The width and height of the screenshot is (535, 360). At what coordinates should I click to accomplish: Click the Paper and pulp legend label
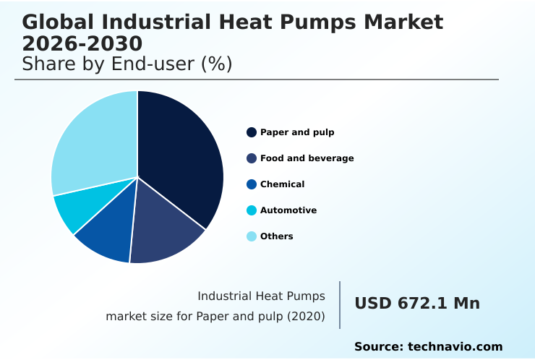(x=297, y=132)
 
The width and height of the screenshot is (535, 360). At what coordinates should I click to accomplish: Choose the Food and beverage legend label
(x=307, y=158)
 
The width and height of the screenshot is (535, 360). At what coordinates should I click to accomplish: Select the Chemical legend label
(x=282, y=184)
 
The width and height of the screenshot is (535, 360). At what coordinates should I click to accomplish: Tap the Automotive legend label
(x=288, y=210)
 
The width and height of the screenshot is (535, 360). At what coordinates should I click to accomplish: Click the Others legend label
(x=276, y=236)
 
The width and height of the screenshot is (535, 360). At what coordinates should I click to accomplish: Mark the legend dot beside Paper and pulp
(x=252, y=132)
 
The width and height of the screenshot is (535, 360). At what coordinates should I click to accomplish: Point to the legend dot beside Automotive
(x=252, y=210)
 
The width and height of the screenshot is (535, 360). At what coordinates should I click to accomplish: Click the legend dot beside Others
(x=252, y=236)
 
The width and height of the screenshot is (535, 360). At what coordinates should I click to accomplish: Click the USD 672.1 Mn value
(x=417, y=304)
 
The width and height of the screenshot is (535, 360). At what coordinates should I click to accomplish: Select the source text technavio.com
(x=455, y=347)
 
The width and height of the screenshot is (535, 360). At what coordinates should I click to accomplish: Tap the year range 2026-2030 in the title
(x=82, y=43)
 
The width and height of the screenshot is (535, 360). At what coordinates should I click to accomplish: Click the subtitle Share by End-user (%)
(x=127, y=64)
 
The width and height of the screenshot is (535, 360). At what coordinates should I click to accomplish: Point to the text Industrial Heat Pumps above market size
(x=261, y=296)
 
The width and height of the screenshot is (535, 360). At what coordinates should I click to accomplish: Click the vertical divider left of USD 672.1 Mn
(x=340, y=305)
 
